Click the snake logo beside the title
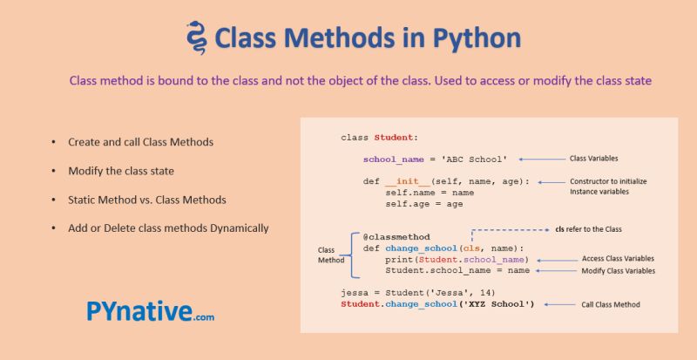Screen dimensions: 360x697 point(197,37)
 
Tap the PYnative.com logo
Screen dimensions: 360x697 point(150,312)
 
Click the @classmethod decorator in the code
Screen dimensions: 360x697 point(396,236)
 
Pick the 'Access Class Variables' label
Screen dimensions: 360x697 point(617,259)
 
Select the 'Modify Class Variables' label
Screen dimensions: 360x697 point(618,271)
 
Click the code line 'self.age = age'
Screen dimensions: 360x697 point(424,204)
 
